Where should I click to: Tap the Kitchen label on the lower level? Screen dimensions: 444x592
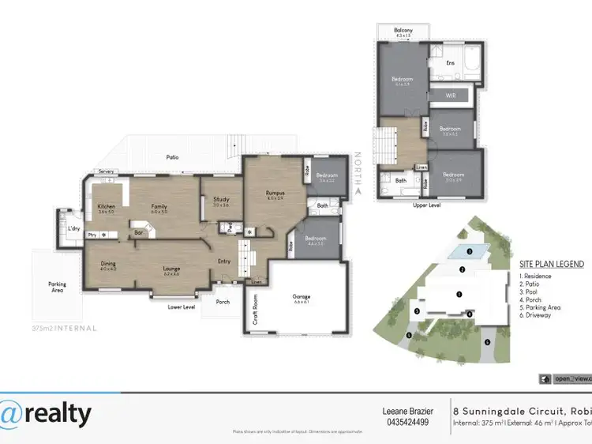106,207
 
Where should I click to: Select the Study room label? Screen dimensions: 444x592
220,200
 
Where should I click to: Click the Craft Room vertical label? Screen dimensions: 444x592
256,310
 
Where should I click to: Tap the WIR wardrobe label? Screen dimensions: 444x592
451,95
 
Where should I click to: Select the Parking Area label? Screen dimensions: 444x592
57,287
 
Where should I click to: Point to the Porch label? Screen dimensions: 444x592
223,300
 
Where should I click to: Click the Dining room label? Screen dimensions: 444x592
108,266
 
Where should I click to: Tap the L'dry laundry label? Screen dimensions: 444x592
74,228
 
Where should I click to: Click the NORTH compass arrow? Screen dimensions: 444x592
358,190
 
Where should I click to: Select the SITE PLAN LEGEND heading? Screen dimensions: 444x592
551,264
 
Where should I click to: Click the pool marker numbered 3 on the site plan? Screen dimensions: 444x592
469,252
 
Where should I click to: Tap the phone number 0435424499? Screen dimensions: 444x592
408,421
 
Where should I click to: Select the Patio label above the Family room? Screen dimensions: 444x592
172,157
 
